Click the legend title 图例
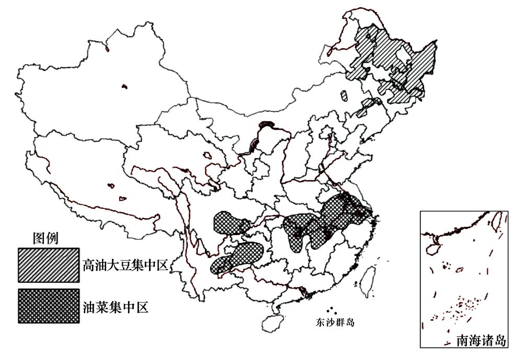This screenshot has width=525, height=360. point(45,238)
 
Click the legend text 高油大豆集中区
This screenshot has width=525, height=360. point(124,265)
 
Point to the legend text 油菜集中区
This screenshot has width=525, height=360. point(115,307)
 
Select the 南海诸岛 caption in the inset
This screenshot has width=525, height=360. point(481,341)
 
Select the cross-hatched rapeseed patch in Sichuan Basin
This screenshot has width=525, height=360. point(230,223)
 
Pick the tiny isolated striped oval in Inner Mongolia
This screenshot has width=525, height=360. point(344,96)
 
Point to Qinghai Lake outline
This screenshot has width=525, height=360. point(208,155)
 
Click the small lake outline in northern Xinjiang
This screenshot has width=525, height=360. point(124,86)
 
